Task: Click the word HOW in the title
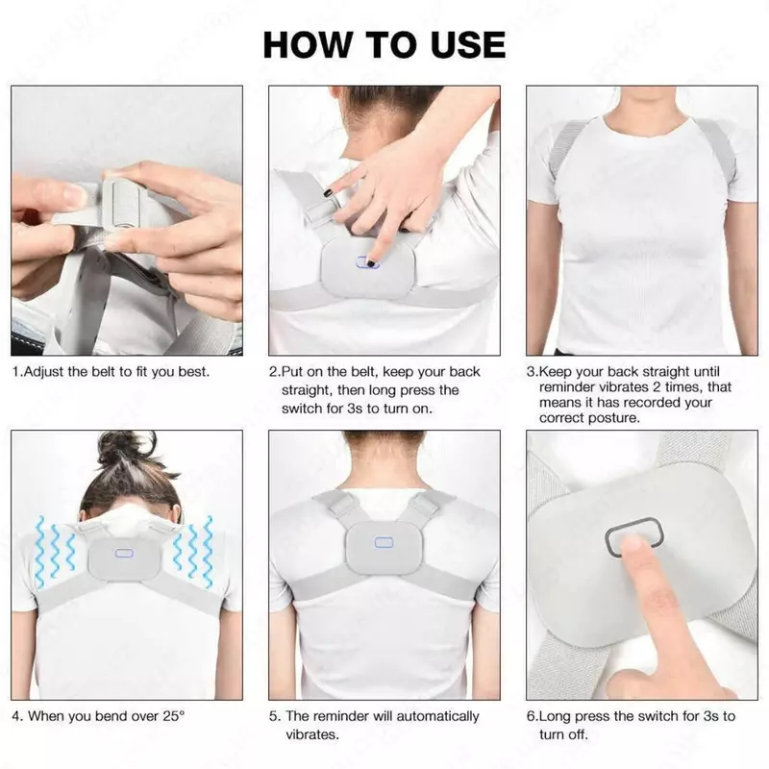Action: [x=308, y=44]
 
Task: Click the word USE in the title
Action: [x=468, y=44]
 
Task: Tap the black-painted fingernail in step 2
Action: [x=330, y=193]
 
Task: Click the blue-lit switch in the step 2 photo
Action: [x=367, y=262]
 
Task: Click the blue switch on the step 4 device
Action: [x=124, y=554]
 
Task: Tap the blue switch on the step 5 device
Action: [x=384, y=542]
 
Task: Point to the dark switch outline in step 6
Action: [x=634, y=536]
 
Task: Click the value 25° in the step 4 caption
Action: [x=174, y=716]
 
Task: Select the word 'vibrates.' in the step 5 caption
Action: [x=312, y=734]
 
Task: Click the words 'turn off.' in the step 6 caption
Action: [x=563, y=734]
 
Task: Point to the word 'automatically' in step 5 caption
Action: [x=437, y=716]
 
